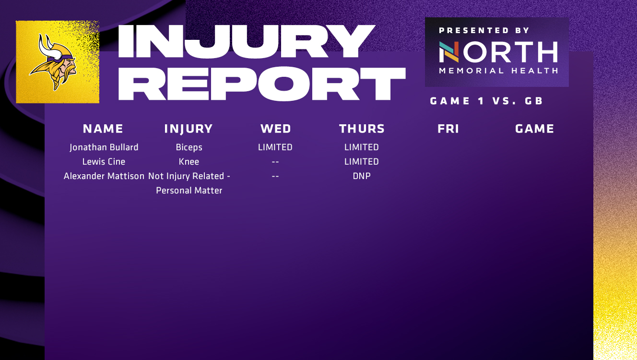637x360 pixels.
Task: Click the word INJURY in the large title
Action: (x=246, y=42)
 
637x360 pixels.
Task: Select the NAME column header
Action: (x=103, y=129)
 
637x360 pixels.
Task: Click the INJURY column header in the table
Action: (x=189, y=129)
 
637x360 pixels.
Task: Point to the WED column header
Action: (x=275, y=129)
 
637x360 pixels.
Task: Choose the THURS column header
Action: (x=362, y=129)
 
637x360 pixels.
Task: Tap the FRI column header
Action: (x=448, y=129)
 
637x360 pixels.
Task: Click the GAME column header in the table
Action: (x=534, y=129)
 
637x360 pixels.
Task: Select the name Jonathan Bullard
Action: (x=104, y=147)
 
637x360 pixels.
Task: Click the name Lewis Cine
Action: (x=104, y=162)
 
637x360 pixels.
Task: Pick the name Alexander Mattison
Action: (x=104, y=176)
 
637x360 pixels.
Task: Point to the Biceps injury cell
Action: (x=189, y=147)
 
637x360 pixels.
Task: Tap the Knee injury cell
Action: (x=189, y=162)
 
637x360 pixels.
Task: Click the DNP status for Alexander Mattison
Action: (x=362, y=176)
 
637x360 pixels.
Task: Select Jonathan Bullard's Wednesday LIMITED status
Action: (x=275, y=147)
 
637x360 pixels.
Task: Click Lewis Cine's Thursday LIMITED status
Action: (x=362, y=162)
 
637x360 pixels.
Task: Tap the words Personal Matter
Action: (x=189, y=191)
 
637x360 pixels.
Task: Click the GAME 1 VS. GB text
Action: (x=486, y=101)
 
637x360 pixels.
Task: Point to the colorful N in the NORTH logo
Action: (x=449, y=52)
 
